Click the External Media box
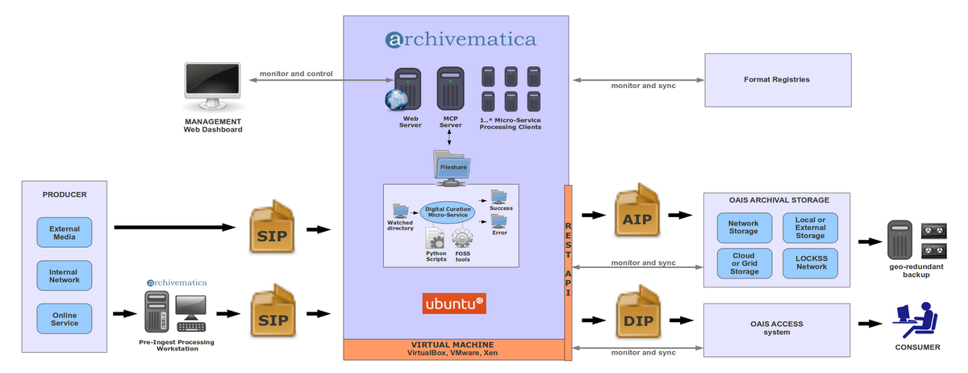point(65,233)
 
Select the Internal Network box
point(65,276)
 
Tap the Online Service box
point(65,319)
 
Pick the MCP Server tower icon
point(449,89)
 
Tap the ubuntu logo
point(454,304)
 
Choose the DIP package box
point(638,317)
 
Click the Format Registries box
point(778,80)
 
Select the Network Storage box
point(744,228)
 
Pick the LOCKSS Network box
point(811,262)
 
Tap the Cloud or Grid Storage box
point(744,262)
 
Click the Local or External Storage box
point(811,228)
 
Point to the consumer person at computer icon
point(917,319)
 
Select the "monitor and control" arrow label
point(296,74)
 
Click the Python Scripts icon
point(436,239)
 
